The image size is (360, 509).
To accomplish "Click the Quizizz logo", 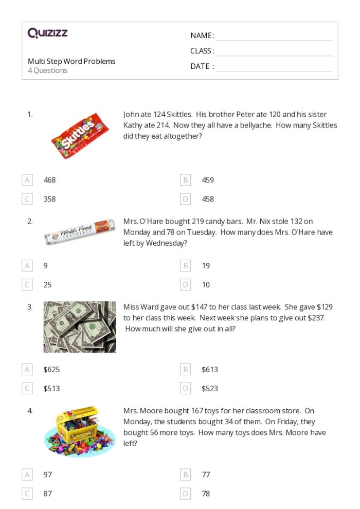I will pyautogui.click(x=47, y=33).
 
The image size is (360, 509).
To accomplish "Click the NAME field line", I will pyautogui.click(x=274, y=36).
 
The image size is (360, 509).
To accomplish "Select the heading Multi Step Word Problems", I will pyautogui.click(x=71, y=61).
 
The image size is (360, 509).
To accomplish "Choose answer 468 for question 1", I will pyautogui.click(x=49, y=180).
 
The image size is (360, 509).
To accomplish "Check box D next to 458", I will pyautogui.click(x=186, y=199).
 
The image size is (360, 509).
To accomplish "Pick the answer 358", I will pyautogui.click(x=49, y=199).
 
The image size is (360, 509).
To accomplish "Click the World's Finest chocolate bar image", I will pyautogui.click(x=80, y=237).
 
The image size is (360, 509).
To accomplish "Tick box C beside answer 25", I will pyautogui.click(x=27, y=285).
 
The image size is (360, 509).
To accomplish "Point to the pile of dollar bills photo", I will pyautogui.click(x=80, y=327).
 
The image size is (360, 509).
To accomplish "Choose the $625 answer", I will pyautogui.click(x=51, y=370).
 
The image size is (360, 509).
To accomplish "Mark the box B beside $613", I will pyautogui.click(x=186, y=370).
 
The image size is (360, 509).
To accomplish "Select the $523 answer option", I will pyautogui.click(x=210, y=389).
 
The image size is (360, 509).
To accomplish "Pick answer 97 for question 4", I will pyautogui.click(x=48, y=475).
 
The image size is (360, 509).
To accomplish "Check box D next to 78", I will pyautogui.click(x=186, y=494).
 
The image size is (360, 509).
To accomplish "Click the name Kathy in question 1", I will pyautogui.click(x=132, y=125).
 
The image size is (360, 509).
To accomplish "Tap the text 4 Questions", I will pyautogui.click(x=47, y=70).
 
